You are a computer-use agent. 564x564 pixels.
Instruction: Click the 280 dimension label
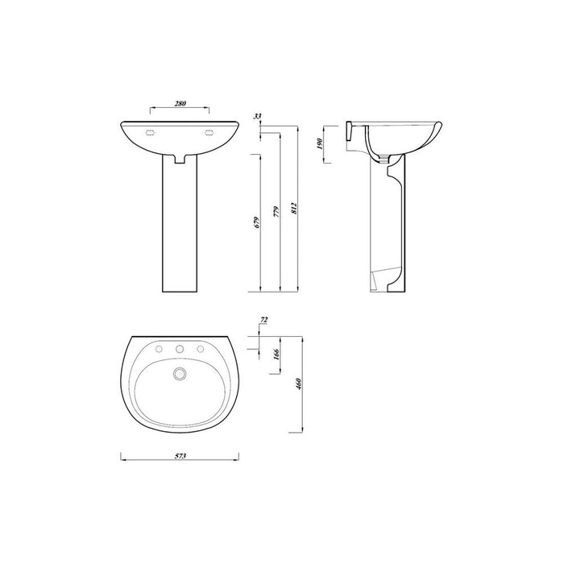(180, 103)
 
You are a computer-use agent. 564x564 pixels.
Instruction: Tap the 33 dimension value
(257, 117)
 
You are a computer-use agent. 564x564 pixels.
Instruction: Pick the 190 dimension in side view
(320, 144)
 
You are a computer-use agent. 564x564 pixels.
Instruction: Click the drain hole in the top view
(180, 373)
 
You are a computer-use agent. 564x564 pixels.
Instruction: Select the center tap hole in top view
(180, 349)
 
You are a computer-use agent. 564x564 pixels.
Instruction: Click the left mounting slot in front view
(149, 134)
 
